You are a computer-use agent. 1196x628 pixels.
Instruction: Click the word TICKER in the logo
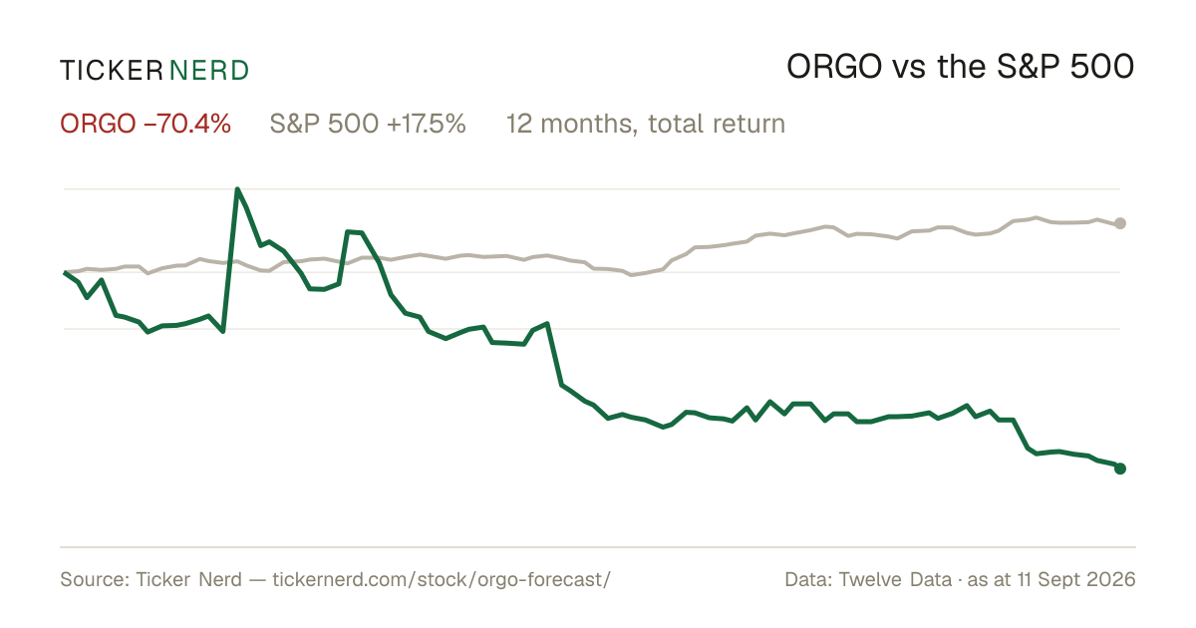[111, 71]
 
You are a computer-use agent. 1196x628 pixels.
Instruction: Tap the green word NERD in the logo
[208, 71]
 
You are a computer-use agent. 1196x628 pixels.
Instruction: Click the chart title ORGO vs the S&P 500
[960, 67]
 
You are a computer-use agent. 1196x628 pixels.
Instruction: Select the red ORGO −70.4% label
[146, 124]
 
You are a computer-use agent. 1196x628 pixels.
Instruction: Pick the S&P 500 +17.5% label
[368, 124]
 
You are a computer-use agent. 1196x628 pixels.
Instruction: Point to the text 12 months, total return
[646, 124]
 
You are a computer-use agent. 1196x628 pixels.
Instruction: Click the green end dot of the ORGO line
[1120, 469]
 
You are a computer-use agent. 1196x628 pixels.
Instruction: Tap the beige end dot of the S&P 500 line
[1120, 223]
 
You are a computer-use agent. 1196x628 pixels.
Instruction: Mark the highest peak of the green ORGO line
[237, 189]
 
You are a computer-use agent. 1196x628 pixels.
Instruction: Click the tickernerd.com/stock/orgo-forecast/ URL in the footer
[442, 579]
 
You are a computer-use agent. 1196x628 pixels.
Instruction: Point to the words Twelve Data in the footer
[895, 579]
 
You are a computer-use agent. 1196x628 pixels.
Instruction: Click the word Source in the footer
[92, 579]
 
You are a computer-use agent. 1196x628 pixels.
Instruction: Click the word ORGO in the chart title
[834, 67]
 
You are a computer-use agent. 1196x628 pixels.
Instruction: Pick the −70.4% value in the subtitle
[187, 124]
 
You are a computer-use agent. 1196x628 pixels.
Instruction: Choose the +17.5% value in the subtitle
[427, 124]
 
